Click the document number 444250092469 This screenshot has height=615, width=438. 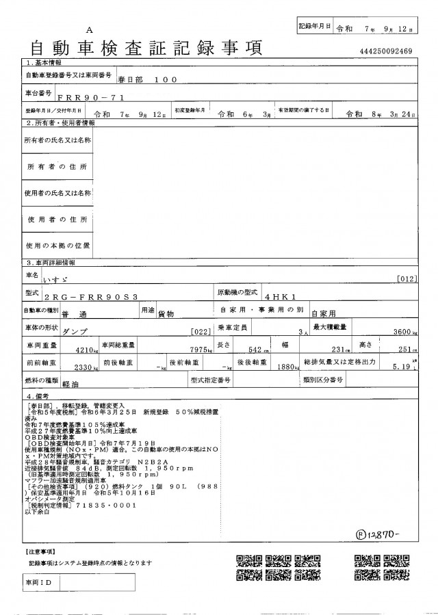click(385, 51)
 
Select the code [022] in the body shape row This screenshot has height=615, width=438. click(199, 331)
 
